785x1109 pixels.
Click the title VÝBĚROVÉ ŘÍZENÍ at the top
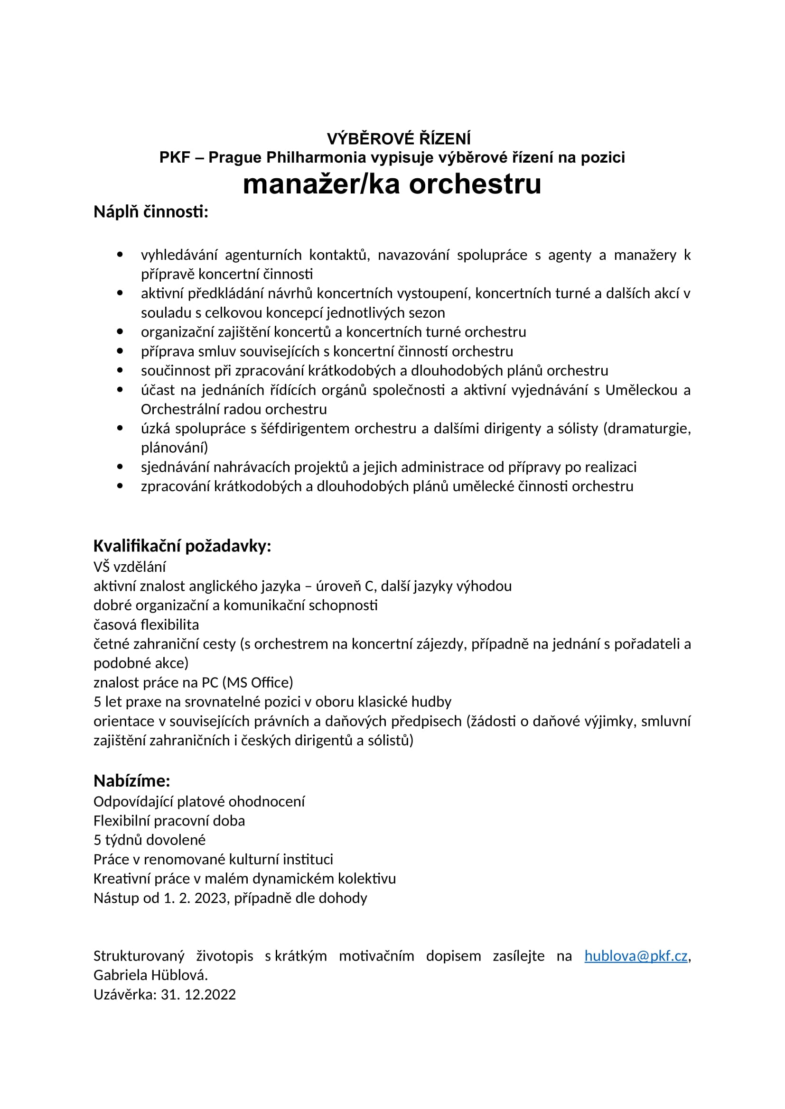click(398, 139)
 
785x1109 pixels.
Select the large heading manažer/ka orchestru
click(392, 184)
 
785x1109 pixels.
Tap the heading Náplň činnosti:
click(151, 212)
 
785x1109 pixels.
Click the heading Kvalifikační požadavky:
click(182, 546)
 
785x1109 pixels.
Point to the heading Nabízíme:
click(131, 780)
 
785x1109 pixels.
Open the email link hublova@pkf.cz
click(635, 956)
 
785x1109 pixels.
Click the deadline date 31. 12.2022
click(198, 995)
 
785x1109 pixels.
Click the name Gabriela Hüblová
click(150, 975)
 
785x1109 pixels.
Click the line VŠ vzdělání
click(130, 567)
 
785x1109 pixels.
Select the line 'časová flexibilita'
click(146, 624)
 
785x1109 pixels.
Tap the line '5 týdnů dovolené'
click(150, 840)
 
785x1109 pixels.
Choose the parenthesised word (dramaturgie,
click(647, 429)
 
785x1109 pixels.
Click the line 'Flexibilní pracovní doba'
click(169, 821)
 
